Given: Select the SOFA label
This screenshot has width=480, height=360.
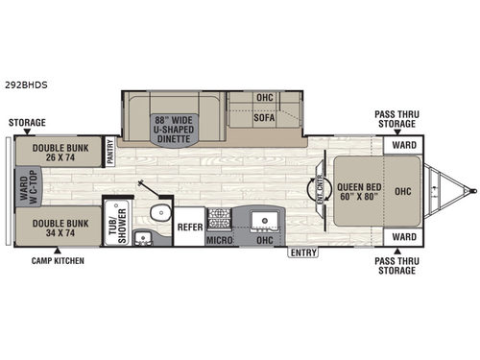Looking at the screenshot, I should [x=264, y=118].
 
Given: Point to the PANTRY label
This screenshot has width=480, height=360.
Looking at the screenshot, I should [x=110, y=152].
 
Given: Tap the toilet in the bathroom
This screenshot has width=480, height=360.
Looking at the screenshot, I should [x=156, y=213].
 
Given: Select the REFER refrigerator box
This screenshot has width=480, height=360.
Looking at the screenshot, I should [x=189, y=228].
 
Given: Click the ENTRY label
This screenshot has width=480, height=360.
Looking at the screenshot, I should [x=302, y=252].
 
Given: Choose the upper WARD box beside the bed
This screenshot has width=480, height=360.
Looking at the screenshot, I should [x=403, y=147].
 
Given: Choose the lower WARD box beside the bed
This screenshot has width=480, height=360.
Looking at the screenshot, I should [x=403, y=236].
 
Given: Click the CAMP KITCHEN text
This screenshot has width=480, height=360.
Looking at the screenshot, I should [x=57, y=260].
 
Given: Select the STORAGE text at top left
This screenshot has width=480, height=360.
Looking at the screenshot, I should [x=26, y=123].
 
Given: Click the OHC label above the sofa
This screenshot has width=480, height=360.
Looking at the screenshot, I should [x=264, y=97].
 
